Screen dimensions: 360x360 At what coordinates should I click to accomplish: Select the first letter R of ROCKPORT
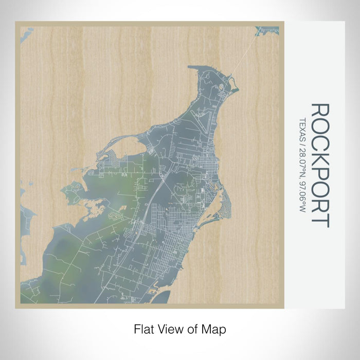click(320, 111)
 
